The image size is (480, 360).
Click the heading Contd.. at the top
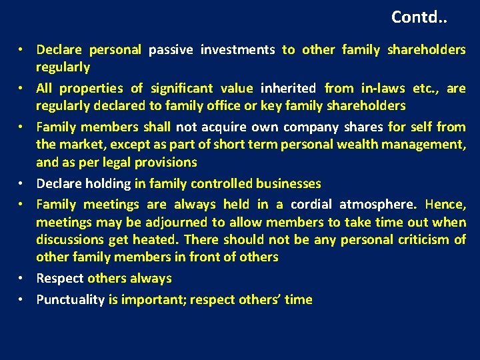[x=419, y=17]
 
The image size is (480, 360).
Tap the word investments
[x=237, y=49]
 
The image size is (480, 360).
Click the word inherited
[x=289, y=88]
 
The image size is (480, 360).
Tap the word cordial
[x=312, y=205]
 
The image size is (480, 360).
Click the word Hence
[x=445, y=205]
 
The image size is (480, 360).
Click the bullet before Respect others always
[x=22, y=279]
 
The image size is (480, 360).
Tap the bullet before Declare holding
[x=22, y=183]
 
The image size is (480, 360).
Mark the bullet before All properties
[x=22, y=88]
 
